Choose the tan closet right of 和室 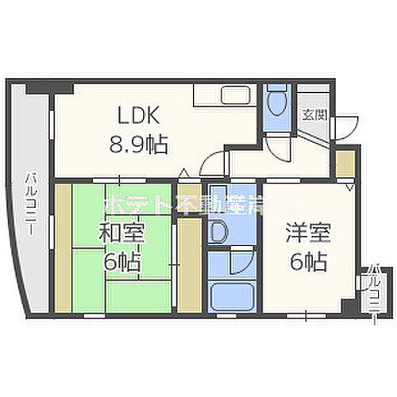[x=188, y=262]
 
